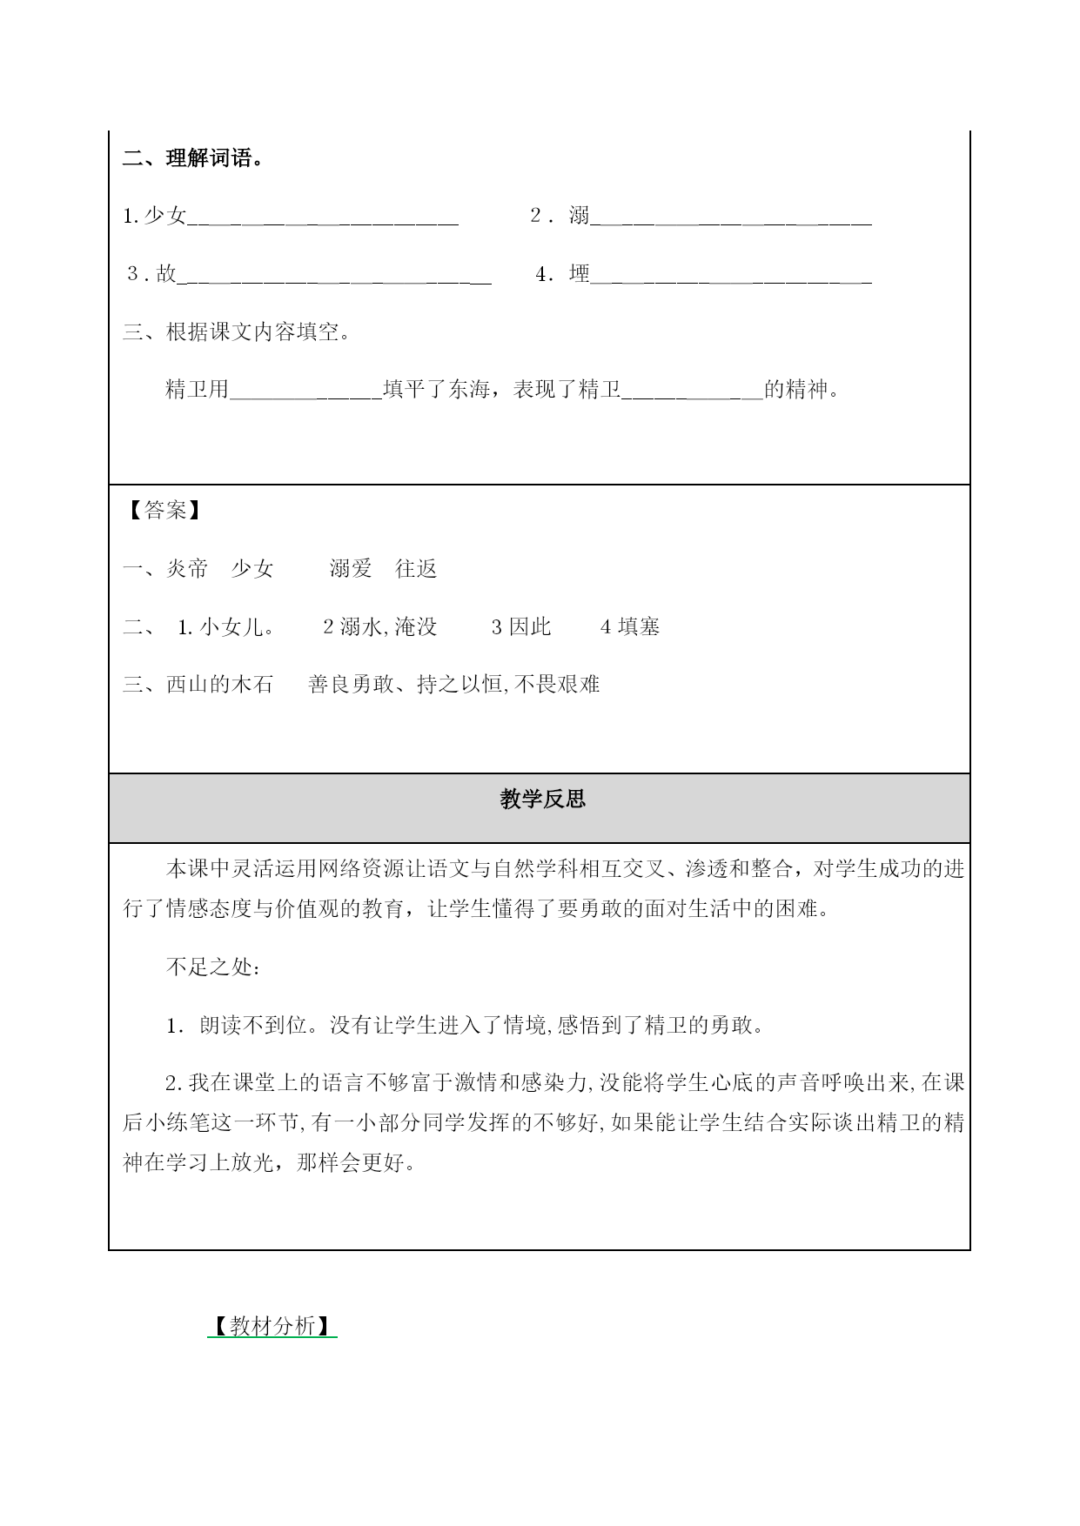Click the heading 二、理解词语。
(x=193, y=159)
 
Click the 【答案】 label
(x=164, y=511)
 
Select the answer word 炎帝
(x=187, y=569)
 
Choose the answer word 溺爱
(x=351, y=569)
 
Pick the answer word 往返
(x=416, y=569)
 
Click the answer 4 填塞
(x=630, y=626)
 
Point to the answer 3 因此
(x=521, y=626)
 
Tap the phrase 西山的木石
(x=219, y=685)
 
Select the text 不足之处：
(x=212, y=967)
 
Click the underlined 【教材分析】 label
(x=272, y=1326)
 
